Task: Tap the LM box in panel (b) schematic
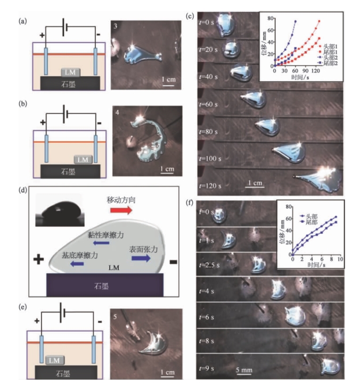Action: point(81,159)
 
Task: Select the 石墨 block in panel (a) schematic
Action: point(69,83)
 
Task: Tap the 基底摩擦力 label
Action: point(80,256)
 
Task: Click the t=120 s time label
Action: point(210,185)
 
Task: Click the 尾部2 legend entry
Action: point(331,63)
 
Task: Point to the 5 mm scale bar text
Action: point(245,368)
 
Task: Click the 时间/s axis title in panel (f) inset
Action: point(314,264)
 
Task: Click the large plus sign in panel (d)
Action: point(38,260)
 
